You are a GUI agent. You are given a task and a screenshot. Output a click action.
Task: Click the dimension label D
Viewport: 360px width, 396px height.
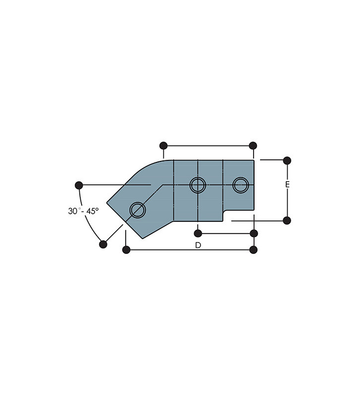point(198,245)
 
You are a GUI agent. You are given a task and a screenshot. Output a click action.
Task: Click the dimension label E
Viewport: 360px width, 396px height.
point(287,185)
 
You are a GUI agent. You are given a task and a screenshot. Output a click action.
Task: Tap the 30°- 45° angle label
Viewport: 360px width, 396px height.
point(83,211)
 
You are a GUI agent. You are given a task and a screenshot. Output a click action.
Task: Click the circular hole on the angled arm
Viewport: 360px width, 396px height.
point(138,210)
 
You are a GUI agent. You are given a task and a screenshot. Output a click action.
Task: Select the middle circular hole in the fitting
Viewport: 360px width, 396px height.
point(198,185)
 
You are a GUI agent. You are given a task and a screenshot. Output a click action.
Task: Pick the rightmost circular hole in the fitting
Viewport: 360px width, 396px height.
point(241,185)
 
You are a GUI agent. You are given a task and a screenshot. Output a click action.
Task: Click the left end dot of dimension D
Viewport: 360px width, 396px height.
point(126,250)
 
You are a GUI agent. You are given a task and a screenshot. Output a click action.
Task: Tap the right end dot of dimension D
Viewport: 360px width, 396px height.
point(254,250)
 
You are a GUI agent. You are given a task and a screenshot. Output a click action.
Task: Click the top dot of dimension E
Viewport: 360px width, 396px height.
point(287,160)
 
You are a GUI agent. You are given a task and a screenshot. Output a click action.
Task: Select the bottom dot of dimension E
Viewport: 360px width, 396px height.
point(287,220)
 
